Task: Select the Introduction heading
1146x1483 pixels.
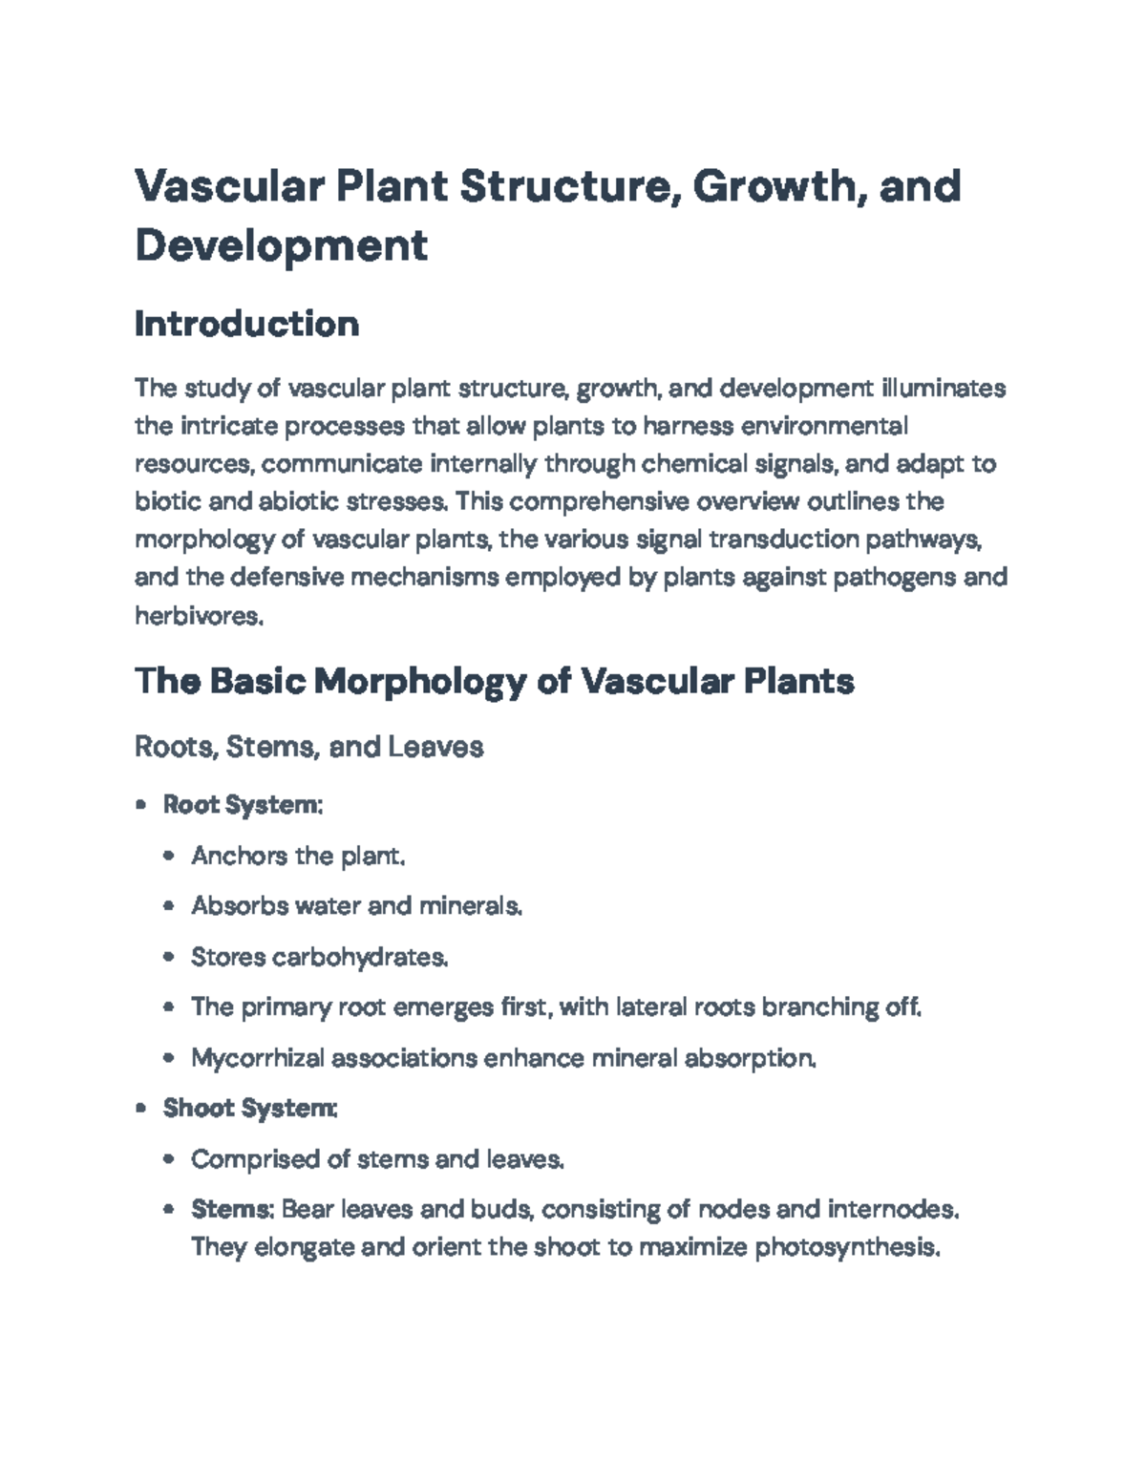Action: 246,324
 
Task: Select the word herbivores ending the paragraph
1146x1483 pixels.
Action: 198,616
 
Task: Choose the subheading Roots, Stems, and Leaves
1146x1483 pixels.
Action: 308,746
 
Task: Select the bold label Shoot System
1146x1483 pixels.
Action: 249,1109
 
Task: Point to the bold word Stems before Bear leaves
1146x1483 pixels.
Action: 232,1210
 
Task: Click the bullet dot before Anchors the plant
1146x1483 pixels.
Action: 169,857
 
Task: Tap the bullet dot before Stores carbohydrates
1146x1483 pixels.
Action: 169,958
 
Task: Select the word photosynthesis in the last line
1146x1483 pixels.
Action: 847,1248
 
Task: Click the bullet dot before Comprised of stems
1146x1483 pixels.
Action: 169,1160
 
